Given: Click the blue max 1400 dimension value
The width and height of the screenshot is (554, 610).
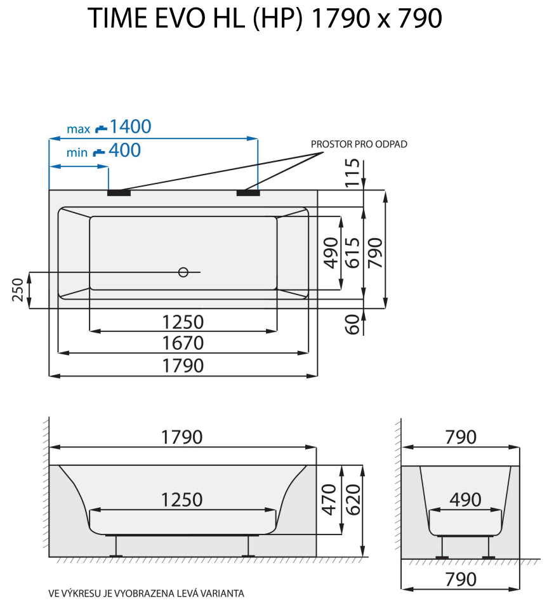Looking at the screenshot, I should coord(130,127).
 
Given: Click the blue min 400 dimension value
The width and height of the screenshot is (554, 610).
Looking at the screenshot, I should coord(124,150).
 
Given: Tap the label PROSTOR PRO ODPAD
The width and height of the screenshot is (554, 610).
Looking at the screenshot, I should coord(359,144).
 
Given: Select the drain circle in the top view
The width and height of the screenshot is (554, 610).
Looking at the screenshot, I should coord(183,272).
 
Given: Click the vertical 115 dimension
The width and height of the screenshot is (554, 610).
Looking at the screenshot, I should coord(354,172).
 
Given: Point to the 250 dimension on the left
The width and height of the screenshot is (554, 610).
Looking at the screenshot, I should coord(18,290).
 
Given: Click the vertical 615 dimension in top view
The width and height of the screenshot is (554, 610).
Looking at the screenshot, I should coord(353,252).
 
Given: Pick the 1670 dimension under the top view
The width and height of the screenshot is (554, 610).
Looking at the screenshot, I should coord(183,343).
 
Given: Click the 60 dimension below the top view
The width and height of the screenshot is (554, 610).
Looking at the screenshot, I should coord(354,324).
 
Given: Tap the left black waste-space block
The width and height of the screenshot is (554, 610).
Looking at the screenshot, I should coord(119,193).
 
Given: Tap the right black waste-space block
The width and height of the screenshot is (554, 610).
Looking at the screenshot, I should coord(247,193).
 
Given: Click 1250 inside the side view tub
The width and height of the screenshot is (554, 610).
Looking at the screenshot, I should coord(183,500).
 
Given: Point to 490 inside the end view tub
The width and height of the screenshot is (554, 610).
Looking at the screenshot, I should coord(465,500).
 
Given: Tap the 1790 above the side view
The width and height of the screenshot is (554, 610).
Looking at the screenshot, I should coord(182,437).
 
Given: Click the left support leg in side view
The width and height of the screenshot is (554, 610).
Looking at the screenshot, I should coord(116,545).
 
